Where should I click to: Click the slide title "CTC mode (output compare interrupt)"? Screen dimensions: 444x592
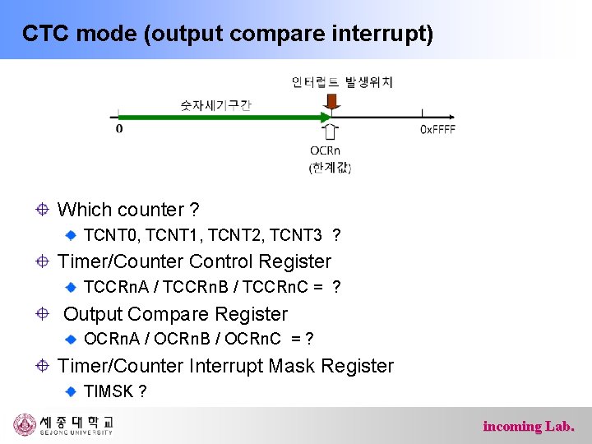pyautogui.click(x=227, y=34)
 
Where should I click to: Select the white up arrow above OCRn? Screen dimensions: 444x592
pyautogui.click(x=331, y=132)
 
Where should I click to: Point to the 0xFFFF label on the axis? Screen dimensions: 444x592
pyautogui.click(x=437, y=129)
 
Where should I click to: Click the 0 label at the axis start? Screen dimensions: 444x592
pyautogui.click(x=119, y=129)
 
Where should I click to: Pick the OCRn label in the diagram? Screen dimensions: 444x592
pyautogui.click(x=326, y=150)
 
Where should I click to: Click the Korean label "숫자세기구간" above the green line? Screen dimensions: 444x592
pyautogui.click(x=215, y=105)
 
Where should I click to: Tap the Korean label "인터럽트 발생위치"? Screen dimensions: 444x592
pyautogui.click(x=342, y=81)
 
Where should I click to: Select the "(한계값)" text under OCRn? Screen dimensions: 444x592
pyautogui.click(x=330, y=168)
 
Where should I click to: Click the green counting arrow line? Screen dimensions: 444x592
pyautogui.click(x=222, y=118)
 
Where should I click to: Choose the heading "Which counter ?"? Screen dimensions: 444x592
pyautogui.click(x=128, y=210)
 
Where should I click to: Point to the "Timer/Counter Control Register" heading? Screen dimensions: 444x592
pyautogui.click(x=194, y=261)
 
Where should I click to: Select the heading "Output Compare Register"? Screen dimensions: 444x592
pyautogui.click(x=175, y=314)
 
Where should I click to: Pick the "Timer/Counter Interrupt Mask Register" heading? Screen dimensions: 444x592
pyautogui.click(x=225, y=366)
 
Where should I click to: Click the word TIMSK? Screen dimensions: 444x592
pyautogui.click(x=109, y=391)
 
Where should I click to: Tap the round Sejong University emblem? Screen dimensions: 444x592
pyautogui.click(x=25, y=425)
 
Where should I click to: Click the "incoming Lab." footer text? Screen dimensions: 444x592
pyautogui.click(x=528, y=426)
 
